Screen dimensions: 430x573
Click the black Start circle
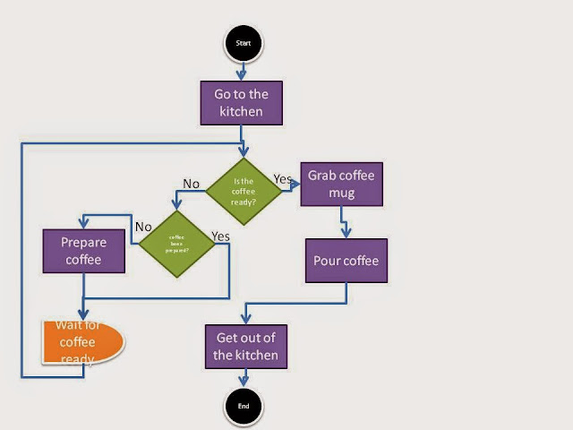(x=244, y=42)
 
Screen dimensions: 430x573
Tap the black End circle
(x=244, y=405)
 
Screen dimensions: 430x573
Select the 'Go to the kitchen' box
(x=241, y=103)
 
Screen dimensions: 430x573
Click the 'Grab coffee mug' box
(x=341, y=184)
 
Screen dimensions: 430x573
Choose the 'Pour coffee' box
(x=346, y=262)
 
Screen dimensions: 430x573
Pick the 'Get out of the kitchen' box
(x=246, y=346)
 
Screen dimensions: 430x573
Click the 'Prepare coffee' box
(x=81, y=251)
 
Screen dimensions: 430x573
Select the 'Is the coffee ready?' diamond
(x=243, y=189)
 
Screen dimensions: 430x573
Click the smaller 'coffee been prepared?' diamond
(x=175, y=243)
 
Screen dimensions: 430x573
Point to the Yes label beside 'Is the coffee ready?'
(x=283, y=179)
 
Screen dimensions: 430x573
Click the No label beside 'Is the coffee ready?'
(x=191, y=184)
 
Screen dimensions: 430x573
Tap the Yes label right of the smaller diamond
(x=221, y=236)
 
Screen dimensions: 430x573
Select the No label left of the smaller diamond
(x=143, y=227)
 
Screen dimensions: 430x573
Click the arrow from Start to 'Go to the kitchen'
(x=243, y=72)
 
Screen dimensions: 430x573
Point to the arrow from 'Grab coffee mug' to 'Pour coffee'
(x=346, y=223)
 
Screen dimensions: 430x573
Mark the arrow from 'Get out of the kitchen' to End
(x=244, y=378)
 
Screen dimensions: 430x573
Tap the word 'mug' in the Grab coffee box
(x=341, y=193)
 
